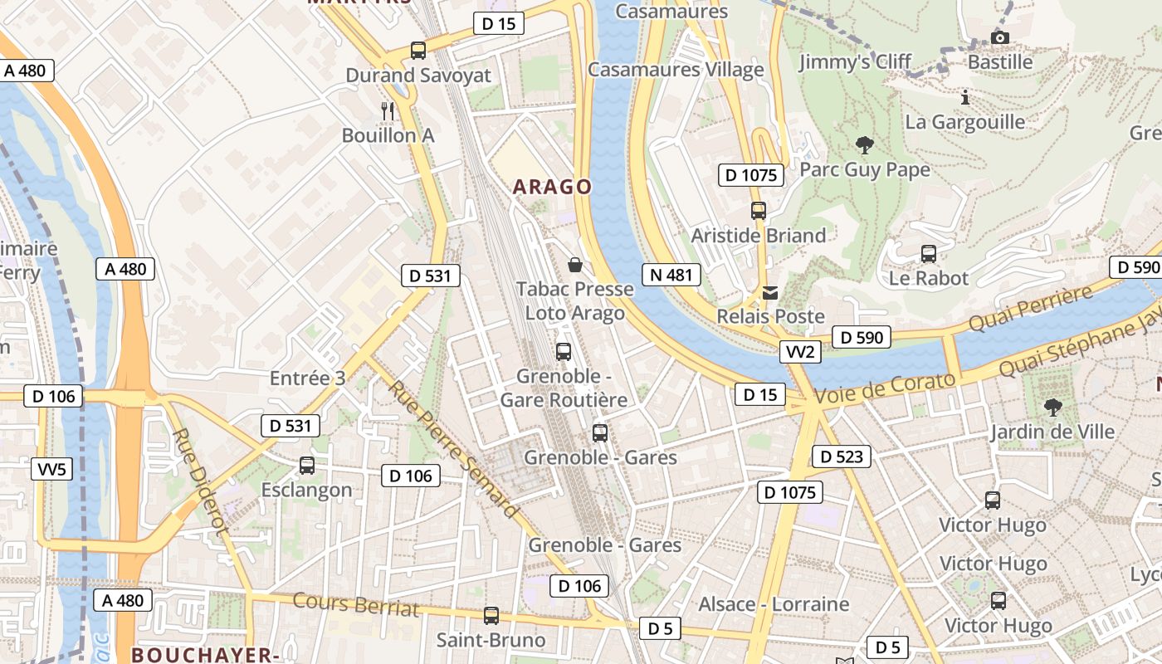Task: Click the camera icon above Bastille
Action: click(x=1000, y=37)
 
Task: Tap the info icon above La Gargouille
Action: click(x=964, y=97)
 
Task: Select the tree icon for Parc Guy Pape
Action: click(x=865, y=145)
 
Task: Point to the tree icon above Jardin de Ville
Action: click(x=1053, y=407)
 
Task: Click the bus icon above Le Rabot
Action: click(x=928, y=254)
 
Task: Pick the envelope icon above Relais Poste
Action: click(x=771, y=292)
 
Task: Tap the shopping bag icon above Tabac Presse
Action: click(x=574, y=265)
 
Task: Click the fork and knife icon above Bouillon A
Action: click(x=387, y=110)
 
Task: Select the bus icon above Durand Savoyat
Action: click(x=418, y=51)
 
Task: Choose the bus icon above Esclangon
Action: click(x=307, y=466)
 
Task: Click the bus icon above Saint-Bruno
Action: click(x=491, y=616)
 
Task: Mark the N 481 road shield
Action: click(x=671, y=275)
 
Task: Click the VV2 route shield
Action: click(x=800, y=352)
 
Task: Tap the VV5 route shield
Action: click(x=51, y=469)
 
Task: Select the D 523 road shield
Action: click(x=842, y=456)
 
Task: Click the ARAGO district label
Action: click(x=552, y=187)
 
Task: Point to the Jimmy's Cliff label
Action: click(x=855, y=62)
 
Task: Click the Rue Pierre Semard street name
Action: click(x=453, y=449)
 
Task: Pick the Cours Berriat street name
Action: click(x=356, y=604)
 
